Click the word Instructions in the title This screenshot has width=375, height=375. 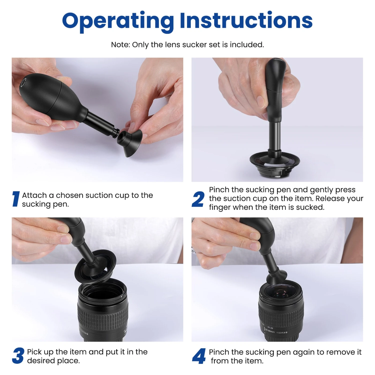pyautogui.click(x=246, y=20)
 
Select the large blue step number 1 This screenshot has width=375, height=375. pyautogui.click(x=16, y=199)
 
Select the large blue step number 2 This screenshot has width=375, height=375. pyautogui.click(x=198, y=199)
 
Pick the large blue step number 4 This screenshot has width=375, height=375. pyautogui.click(x=199, y=356)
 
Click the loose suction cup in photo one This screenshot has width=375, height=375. pyautogui.click(x=130, y=142)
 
